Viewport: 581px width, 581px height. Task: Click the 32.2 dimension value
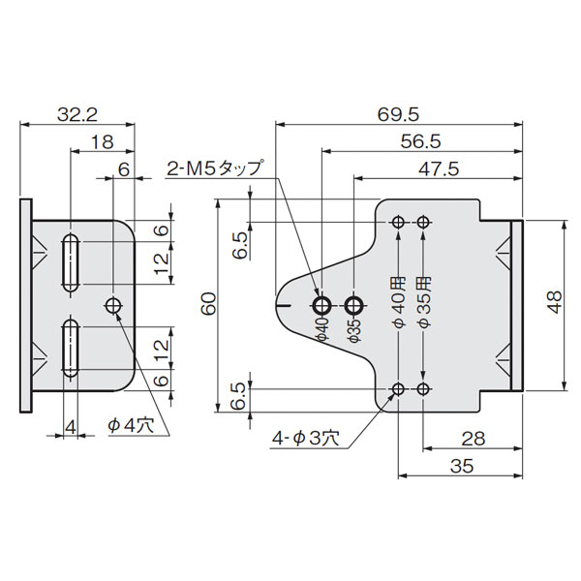(77, 114)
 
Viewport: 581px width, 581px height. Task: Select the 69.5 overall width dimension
(398, 114)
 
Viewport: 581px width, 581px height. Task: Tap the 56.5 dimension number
(420, 141)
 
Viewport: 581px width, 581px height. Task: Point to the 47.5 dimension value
(439, 168)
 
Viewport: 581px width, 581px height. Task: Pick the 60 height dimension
(208, 303)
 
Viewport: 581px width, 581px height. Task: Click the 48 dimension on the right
(555, 302)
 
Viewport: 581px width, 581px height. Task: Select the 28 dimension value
(474, 439)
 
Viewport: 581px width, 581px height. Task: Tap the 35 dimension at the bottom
(462, 466)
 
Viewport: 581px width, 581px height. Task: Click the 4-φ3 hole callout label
(306, 439)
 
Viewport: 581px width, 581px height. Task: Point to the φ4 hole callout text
(131, 426)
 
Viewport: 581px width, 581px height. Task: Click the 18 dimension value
(102, 141)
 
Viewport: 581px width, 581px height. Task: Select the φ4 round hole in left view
(113, 306)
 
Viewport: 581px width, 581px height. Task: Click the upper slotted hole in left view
(71, 263)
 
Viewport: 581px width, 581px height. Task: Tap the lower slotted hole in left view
(71, 349)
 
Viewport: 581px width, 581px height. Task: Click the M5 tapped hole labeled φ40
(322, 306)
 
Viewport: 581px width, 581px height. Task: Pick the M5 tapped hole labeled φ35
(354, 306)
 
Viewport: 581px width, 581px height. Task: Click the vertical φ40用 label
(399, 303)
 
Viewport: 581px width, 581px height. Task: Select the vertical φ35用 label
(424, 303)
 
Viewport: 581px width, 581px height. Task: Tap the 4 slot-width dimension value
(71, 427)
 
